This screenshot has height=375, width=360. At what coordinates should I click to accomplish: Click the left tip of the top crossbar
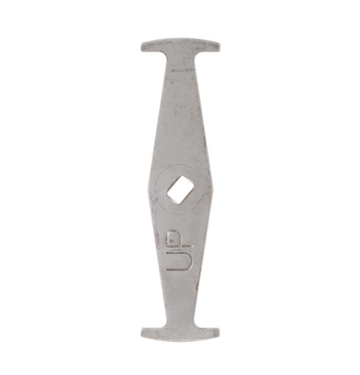142,46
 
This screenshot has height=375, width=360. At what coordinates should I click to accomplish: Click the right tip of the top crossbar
218,45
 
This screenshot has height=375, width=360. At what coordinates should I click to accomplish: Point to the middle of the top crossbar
180,44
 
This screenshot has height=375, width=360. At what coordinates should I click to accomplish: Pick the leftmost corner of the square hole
168,192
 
